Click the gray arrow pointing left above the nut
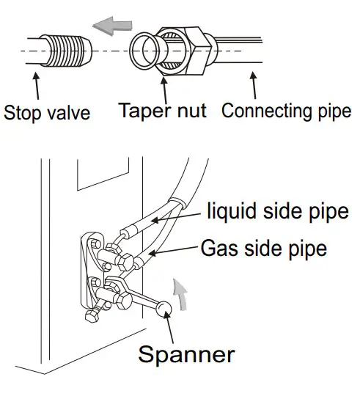tap(105, 28)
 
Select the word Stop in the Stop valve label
tap(24, 114)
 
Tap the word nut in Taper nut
tap(191, 112)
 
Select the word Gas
tap(218, 248)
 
